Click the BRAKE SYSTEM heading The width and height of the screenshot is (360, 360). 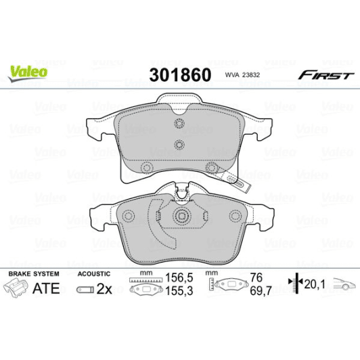pyautogui.click(x=33, y=273)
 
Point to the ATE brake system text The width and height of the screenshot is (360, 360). pyautogui.click(x=47, y=288)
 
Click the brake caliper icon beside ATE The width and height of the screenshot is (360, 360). pyautogui.click(x=18, y=289)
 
